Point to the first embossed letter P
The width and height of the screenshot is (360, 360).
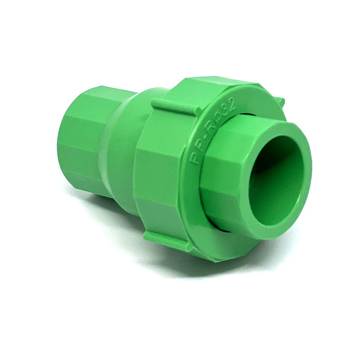[194, 158]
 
